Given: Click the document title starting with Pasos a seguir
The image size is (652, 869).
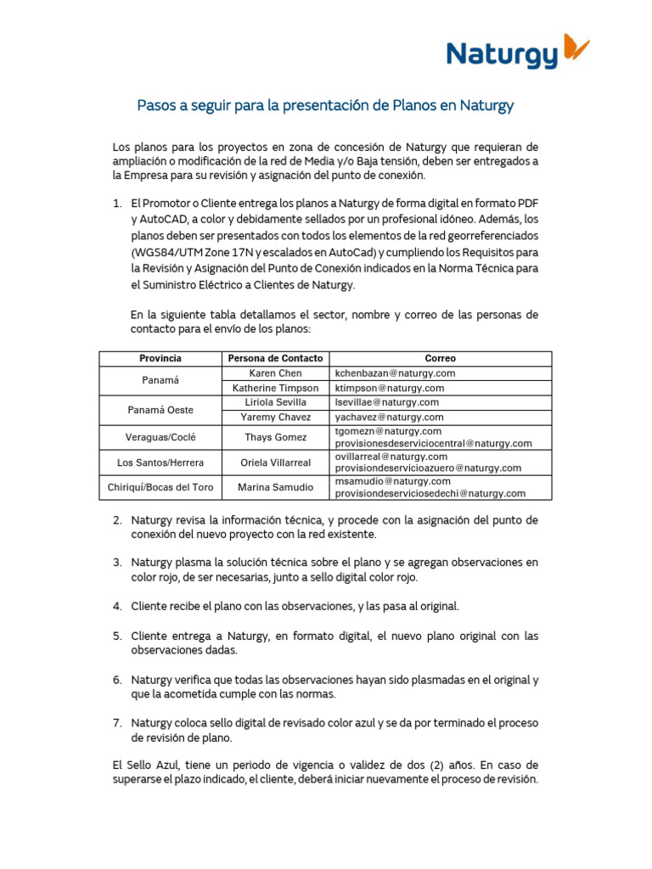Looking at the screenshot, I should pos(326,106).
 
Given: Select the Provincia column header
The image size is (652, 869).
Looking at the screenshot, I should pos(160,358).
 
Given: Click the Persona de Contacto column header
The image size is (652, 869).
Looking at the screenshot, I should pos(274,358).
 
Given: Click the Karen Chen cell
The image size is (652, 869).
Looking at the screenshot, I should pos(274,373).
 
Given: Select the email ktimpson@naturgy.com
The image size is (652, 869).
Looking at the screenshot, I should pos(389,388).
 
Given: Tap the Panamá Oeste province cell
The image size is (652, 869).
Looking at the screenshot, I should pos(160,410).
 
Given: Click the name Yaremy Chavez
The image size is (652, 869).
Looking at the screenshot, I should pos(274,418).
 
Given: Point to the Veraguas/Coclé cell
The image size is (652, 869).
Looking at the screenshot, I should pos(160,437).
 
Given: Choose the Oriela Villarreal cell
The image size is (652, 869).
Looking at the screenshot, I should pos(274,463).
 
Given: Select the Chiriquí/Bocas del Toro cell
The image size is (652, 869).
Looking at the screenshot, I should pos(160,487).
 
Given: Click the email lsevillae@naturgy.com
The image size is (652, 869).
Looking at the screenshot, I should pos(386,402).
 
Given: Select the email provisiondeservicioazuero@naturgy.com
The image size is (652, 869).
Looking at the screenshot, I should pos(429,468).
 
